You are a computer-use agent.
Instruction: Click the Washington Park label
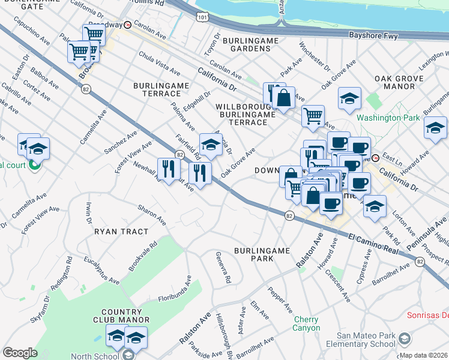(x=388, y=118)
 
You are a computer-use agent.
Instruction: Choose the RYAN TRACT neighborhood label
(x=117, y=230)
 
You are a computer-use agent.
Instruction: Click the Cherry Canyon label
(x=306, y=323)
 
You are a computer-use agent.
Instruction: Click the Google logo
(x=20, y=353)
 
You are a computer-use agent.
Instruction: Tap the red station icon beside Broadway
(x=127, y=25)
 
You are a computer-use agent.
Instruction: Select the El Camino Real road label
(x=373, y=243)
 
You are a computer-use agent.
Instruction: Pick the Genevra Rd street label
(x=223, y=268)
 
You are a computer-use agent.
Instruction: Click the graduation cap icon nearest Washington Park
(x=349, y=98)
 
